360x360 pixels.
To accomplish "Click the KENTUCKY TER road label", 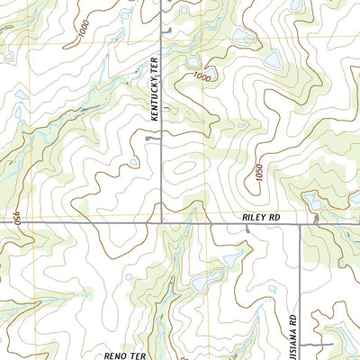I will coord(154,99).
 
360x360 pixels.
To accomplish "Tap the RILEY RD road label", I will coord(261,218).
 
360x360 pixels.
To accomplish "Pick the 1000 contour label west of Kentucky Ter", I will coord(85,31).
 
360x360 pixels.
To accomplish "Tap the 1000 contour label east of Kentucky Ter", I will coord(202,78).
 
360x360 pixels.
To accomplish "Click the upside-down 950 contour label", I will coord(16,219).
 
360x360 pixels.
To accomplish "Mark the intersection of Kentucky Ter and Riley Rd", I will coord(161,222).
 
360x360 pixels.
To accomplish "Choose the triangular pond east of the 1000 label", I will coord(272,60).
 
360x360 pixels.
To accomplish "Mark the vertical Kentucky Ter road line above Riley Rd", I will coord(161,162).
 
